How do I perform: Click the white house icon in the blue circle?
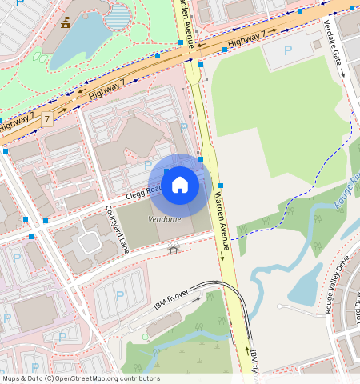(180, 185)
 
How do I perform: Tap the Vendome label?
(165, 219)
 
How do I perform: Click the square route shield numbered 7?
(46, 119)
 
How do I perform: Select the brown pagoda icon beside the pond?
(66, 23)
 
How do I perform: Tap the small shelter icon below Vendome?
(173, 250)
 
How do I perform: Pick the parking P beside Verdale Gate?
(288, 52)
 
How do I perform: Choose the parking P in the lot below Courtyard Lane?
(120, 296)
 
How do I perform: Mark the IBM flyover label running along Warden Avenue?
(254, 362)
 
